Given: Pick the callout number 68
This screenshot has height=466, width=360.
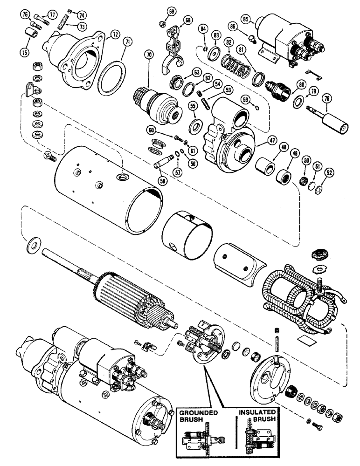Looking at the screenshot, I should coord(174,20).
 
